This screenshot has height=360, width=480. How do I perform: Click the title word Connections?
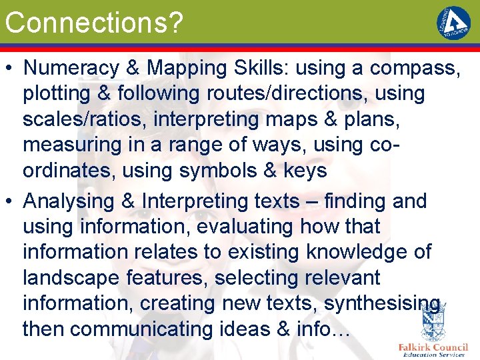[x=93, y=23]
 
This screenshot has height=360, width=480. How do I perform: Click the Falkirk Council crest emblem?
[x=433, y=323]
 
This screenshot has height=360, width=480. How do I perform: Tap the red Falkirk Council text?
[x=433, y=347]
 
